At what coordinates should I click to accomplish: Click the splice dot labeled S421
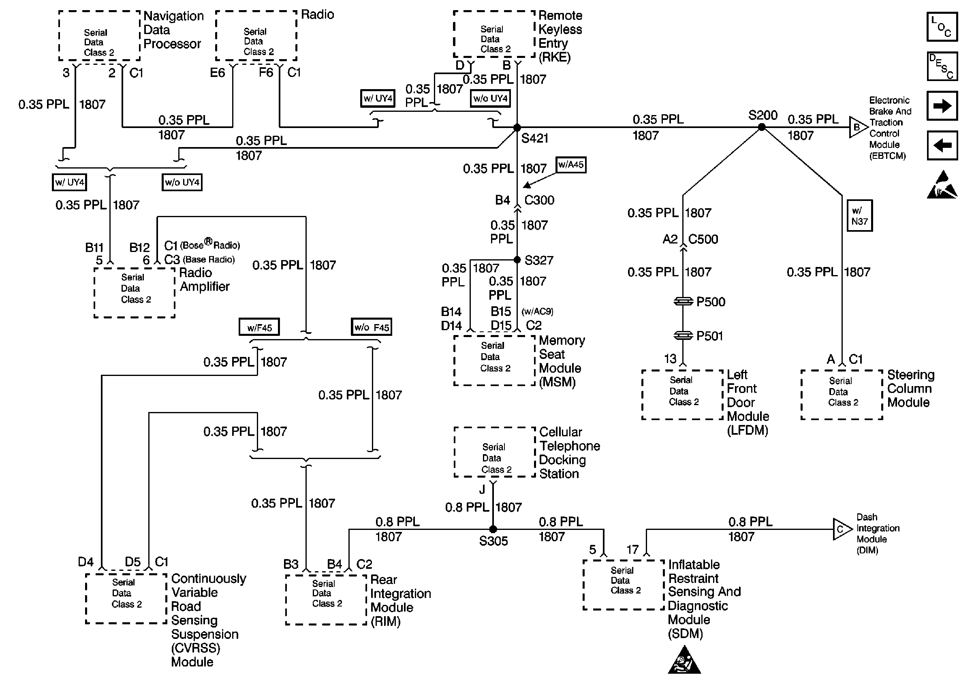tap(517, 127)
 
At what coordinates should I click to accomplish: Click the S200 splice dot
tap(761, 127)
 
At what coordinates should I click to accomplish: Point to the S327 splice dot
tap(517, 260)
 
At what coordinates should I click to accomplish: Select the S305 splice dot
tap(493, 529)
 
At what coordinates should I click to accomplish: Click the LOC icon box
tap(942, 27)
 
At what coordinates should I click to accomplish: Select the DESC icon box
tap(942, 66)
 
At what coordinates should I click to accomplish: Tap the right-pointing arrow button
tap(942, 106)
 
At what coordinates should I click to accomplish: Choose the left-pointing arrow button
tap(942, 145)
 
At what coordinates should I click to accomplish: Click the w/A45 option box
tap(571, 164)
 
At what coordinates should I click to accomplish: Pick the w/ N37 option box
tap(860, 216)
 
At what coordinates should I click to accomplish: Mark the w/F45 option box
tap(259, 327)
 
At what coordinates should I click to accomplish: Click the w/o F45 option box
tap(372, 327)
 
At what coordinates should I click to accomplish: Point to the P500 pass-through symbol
tap(683, 302)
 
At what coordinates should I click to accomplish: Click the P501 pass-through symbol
tap(683, 335)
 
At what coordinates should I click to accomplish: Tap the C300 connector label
tap(539, 200)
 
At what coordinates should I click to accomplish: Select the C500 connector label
tap(703, 239)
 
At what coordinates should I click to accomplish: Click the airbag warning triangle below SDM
tap(684, 660)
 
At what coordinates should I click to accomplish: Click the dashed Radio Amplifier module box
tap(135, 293)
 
